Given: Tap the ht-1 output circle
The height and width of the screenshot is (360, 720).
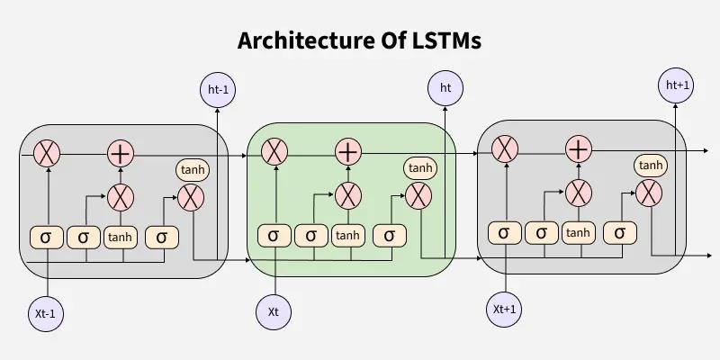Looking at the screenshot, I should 216,89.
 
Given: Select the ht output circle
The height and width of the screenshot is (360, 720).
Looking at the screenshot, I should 445,87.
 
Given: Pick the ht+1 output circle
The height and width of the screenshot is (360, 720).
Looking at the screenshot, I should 677,85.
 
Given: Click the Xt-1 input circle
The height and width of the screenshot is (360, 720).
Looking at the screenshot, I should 47,313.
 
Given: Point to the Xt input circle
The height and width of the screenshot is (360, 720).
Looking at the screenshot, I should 274,311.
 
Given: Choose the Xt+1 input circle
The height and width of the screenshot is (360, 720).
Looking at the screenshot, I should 505,309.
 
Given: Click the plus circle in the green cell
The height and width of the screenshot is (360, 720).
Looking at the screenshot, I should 347,152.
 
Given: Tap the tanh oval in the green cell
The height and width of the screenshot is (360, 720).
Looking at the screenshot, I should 419,168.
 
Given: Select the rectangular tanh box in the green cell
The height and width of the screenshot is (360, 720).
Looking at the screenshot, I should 347,236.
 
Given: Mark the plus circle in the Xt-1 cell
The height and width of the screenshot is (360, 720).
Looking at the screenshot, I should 120,153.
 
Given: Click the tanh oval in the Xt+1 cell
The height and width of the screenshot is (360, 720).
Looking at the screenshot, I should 650,165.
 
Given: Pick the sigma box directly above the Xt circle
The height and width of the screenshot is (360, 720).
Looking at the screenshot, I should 274,236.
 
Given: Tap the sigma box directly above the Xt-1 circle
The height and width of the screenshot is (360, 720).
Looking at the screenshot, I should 46,237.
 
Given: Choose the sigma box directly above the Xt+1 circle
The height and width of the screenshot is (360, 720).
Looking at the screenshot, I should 504,233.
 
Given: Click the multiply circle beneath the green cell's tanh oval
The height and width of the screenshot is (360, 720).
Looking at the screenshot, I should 418,195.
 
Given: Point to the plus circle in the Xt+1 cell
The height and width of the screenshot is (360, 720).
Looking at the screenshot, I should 578,148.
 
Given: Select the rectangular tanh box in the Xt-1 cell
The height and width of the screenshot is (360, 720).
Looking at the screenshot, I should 120,237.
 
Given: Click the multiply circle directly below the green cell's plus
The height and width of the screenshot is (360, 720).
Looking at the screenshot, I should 347,193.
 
